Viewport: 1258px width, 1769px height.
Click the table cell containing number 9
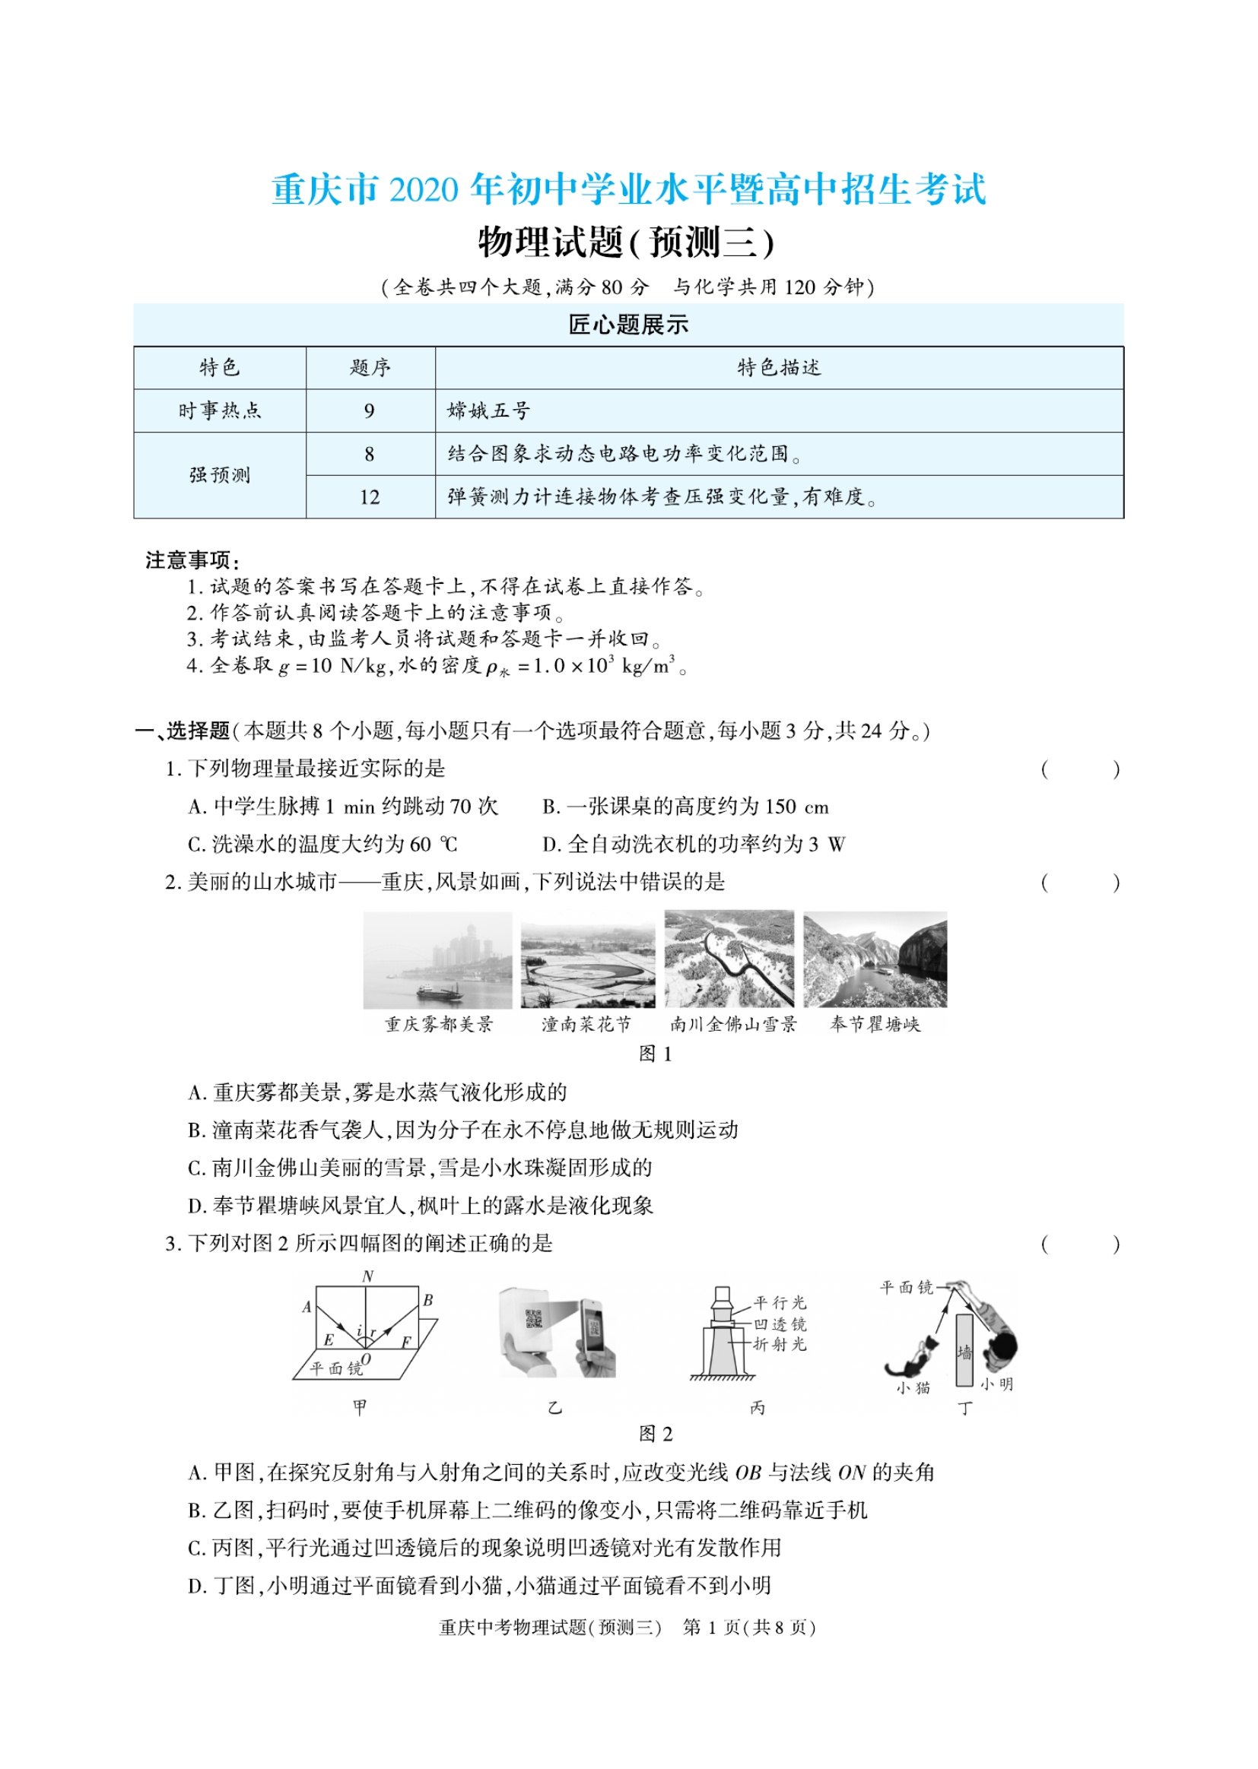click(x=370, y=411)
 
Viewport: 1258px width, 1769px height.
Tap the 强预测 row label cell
click(x=220, y=474)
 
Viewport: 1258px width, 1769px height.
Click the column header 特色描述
click(x=779, y=367)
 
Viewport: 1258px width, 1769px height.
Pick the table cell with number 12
click(x=370, y=497)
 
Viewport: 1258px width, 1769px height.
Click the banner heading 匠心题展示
click(x=628, y=325)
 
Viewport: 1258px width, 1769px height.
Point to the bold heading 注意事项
click(x=192, y=560)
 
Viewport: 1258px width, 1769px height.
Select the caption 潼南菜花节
click(x=586, y=1024)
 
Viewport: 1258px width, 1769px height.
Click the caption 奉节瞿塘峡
click(x=875, y=1024)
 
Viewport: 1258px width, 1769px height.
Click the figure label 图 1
click(x=656, y=1054)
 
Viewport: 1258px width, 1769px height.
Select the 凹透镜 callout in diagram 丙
click(x=780, y=1324)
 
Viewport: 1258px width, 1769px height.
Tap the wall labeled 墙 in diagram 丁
click(x=964, y=1350)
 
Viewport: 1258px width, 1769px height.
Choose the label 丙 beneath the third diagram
click(x=758, y=1407)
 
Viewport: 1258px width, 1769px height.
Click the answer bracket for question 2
click(x=1080, y=883)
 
